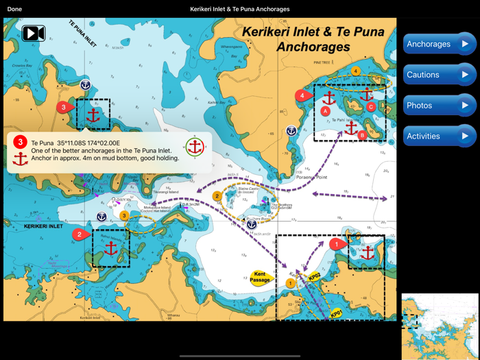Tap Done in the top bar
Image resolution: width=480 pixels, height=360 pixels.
click(x=14, y=9)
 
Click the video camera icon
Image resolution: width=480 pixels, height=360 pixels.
click(x=34, y=33)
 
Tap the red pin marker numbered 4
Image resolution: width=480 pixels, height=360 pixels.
click(x=302, y=95)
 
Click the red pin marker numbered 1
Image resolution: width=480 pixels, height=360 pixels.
click(x=336, y=243)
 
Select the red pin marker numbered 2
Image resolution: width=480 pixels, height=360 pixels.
click(x=80, y=235)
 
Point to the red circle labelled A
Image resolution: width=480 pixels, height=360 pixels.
click(x=326, y=110)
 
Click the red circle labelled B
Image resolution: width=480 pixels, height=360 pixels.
click(x=363, y=135)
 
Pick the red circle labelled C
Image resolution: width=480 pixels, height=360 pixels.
click(x=371, y=107)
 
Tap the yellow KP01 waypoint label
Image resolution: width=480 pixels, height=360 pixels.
click(x=336, y=313)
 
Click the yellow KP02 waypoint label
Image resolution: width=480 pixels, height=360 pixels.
click(x=315, y=276)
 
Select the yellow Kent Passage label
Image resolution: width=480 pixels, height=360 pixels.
click(x=261, y=276)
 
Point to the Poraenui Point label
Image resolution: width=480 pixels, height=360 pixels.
click(x=312, y=177)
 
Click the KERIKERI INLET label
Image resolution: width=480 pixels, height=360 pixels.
click(x=43, y=226)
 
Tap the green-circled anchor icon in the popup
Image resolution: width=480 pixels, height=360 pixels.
click(x=195, y=147)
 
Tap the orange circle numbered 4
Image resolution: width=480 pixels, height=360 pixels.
click(x=355, y=71)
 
